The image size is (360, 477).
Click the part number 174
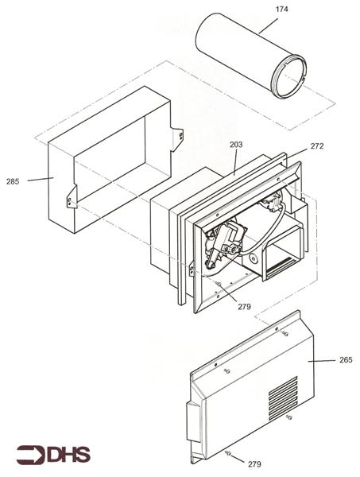pyautogui.click(x=281, y=10)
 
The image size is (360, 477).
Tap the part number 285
pyautogui.click(x=13, y=181)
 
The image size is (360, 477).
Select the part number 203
pyautogui.click(x=236, y=145)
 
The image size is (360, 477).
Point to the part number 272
pyautogui.click(x=317, y=146)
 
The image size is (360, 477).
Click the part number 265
pyautogui.click(x=346, y=360)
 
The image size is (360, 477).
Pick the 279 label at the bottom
pyautogui.click(x=254, y=464)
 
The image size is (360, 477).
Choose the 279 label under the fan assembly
pyautogui.click(x=244, y=307)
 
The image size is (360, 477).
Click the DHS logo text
pyautogui.click(x=68, y=455)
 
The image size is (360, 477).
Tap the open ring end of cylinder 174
pyautogui.click(x=288, y=76)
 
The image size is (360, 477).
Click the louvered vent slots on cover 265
pyautogui.click(x=283, y=398)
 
